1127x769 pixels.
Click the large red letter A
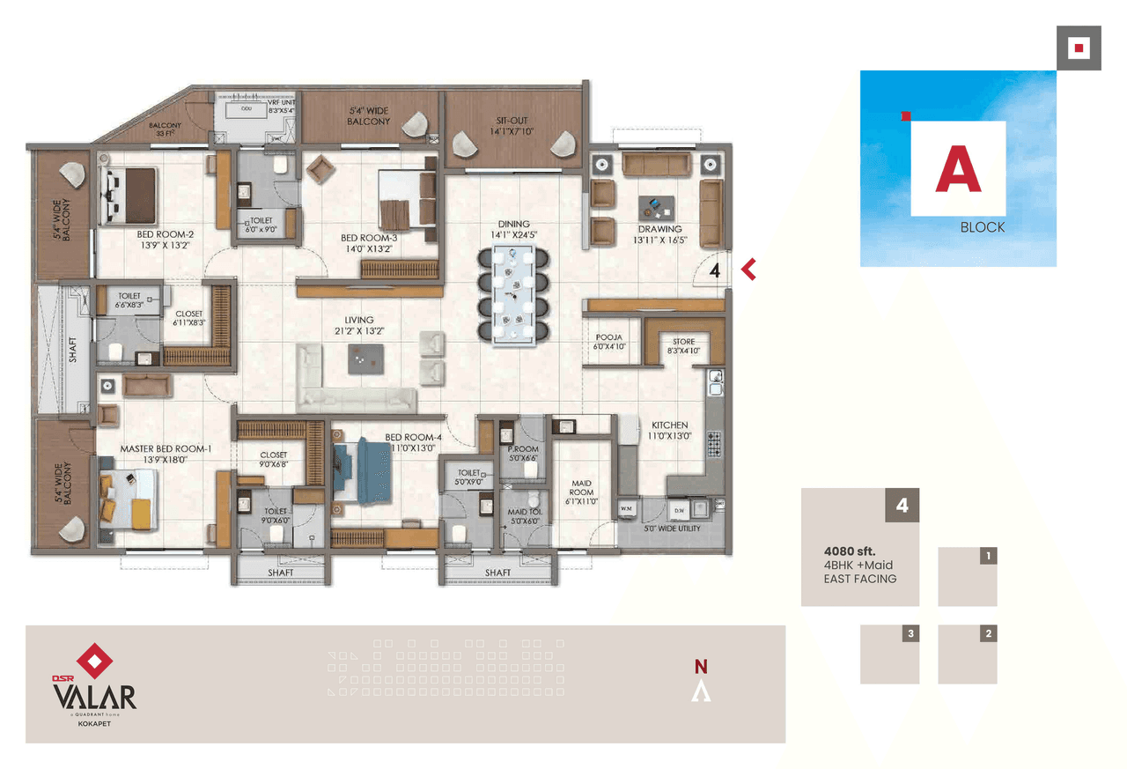tap(958, 169)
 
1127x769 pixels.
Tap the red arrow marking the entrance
tap(749, 270)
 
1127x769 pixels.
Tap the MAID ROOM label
tap(581, 487)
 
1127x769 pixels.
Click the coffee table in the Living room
tap(365, 358)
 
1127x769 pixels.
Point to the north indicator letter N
tap(701, 667)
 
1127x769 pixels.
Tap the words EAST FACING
tap(859, 579)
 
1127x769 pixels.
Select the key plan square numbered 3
tap(889, 654)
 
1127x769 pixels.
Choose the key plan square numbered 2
tap(967, 654)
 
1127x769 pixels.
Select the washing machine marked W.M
tap(627, 509)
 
